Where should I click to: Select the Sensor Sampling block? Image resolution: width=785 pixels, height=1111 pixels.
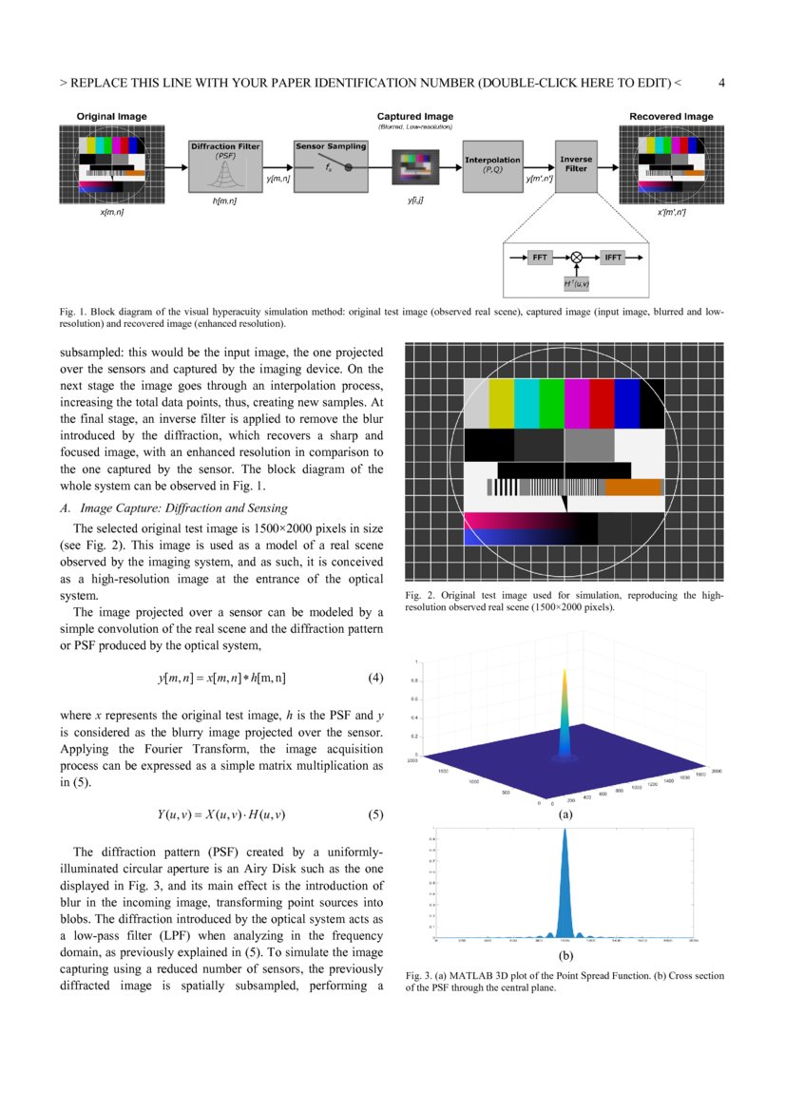click(324, 164)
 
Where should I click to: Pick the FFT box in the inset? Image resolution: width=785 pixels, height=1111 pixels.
click(540, 257)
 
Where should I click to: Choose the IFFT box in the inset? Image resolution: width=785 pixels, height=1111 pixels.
click(613, 257)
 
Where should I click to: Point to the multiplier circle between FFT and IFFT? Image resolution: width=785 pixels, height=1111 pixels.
click(576, 257)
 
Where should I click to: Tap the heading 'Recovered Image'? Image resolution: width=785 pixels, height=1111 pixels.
click(671, 117)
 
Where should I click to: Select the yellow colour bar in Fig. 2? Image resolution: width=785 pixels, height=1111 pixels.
click(501, 403)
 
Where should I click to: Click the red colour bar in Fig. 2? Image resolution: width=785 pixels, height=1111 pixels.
click(602, 403)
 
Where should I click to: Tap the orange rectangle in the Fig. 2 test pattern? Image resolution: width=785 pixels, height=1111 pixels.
click(633, 488)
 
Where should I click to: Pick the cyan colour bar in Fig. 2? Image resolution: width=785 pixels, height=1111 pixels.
click(527, 403)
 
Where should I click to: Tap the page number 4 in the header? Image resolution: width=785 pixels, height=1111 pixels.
click(721, 83)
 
